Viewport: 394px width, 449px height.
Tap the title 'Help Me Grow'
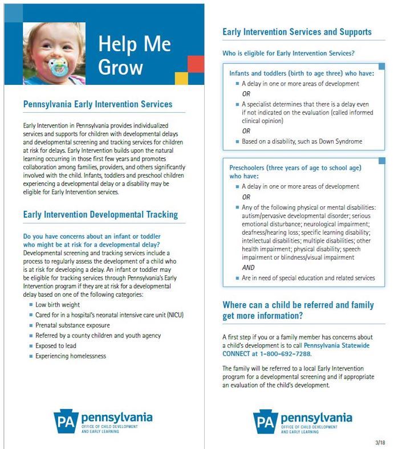point(127,55)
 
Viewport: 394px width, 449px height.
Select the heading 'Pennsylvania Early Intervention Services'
point(98,105)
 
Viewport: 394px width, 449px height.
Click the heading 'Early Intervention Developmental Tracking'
point(100,215)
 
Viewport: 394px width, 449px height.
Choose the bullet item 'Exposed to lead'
point(55,346)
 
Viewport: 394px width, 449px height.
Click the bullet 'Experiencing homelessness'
point(71,356)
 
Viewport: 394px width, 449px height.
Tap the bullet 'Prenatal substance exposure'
point(72,325)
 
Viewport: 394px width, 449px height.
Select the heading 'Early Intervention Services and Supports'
point(296,32)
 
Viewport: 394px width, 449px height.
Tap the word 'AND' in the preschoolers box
point(248,267)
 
